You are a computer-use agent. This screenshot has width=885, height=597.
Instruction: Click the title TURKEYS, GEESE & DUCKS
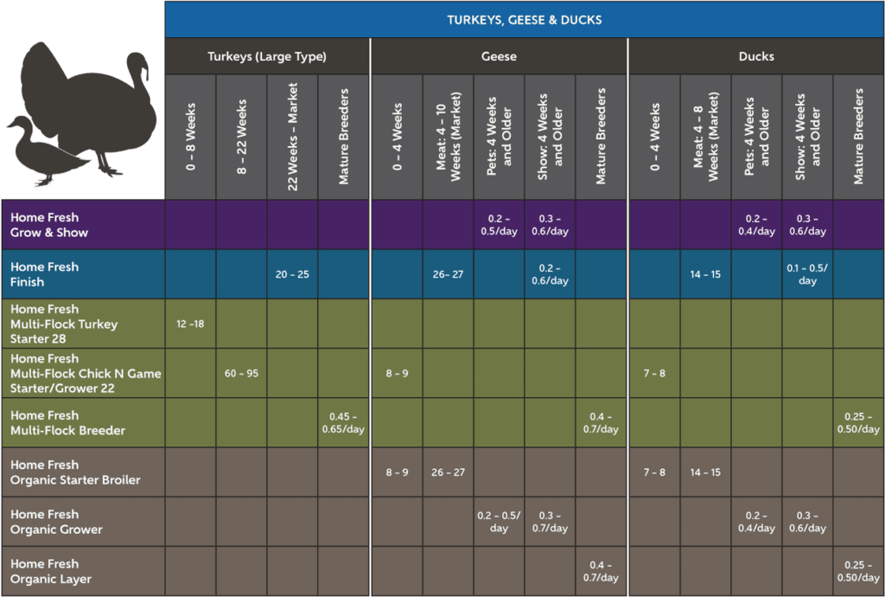coord(525,20)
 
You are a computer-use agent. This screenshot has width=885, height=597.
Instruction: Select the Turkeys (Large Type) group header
coord(267,57)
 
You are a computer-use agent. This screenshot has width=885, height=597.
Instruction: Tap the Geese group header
coord(499,57)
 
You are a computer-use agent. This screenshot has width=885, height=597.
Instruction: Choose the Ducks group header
coord(756,57)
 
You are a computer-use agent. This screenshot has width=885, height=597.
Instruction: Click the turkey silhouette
coord(95,104)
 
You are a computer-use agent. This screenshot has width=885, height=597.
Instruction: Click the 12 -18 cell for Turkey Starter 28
coord(190,324)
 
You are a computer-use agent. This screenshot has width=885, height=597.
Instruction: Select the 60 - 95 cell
coord(242,374)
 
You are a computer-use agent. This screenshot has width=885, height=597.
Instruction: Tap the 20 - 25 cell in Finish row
coord(292,274)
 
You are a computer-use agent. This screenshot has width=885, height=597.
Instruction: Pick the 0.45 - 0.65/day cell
coord(343,423)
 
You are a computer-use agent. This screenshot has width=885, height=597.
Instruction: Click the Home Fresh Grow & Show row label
coord(49,225)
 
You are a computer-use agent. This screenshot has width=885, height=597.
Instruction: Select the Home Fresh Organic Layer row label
coord(51,572)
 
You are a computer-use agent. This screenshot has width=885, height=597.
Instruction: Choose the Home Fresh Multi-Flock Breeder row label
coord(67,423)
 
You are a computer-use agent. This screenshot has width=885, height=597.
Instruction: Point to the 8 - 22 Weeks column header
coord(241,137)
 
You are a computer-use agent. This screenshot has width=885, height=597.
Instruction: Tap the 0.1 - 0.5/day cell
coord(807,274)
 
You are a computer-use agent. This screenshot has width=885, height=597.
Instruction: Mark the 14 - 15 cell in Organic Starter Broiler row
coord(705,472)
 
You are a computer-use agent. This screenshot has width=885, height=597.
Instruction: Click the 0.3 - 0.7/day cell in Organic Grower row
coord(550,522)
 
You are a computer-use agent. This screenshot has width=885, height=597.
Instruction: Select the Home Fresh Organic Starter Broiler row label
coord(75,472)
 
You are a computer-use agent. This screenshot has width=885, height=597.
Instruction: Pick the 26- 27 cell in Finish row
coord(448,274)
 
